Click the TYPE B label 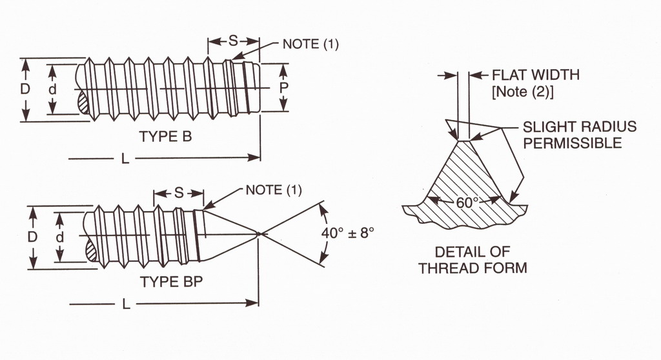coord(165,137)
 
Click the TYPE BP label coord(170,282)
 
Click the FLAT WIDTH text coord(536,75)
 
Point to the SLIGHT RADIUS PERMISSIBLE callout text coord(579,135)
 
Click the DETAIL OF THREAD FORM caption coord(473,259)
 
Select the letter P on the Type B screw coord(283,86)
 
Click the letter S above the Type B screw coord(233,41)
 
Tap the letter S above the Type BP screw coord(179,193)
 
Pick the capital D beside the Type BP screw coord(32,237)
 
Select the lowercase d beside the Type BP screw coord(59,237)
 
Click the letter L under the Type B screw coord(125,159)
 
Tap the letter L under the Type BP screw coord(127,304)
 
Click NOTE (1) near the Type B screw coord(310,45)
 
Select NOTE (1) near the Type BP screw coord(274,190)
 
